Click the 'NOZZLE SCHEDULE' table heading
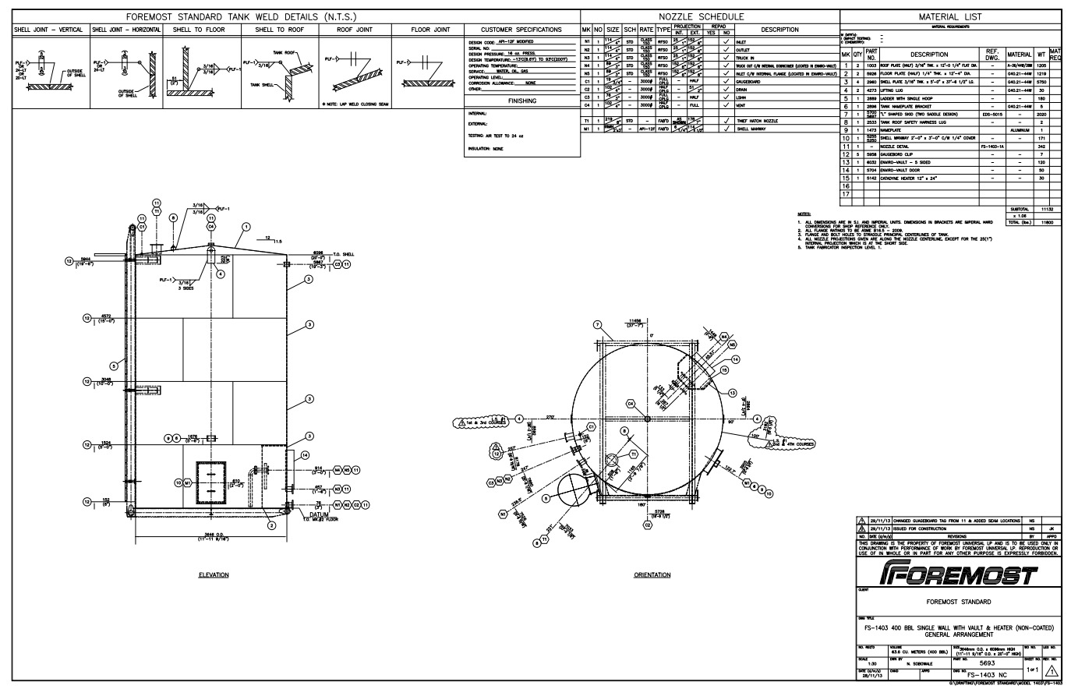(x=702, y=16)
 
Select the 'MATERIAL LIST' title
(x=950, y=16)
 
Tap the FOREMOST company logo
(x=956, y=575)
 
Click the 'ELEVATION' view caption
(x=214, y=575)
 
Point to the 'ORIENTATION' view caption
(x=652, y=575)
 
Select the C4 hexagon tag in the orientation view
(x=632, y=404)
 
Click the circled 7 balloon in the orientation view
(x=597, y=325)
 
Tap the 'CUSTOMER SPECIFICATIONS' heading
(x=521, y=30)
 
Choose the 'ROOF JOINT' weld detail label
(x=355, y=30)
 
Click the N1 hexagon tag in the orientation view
(x=503, y=514)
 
